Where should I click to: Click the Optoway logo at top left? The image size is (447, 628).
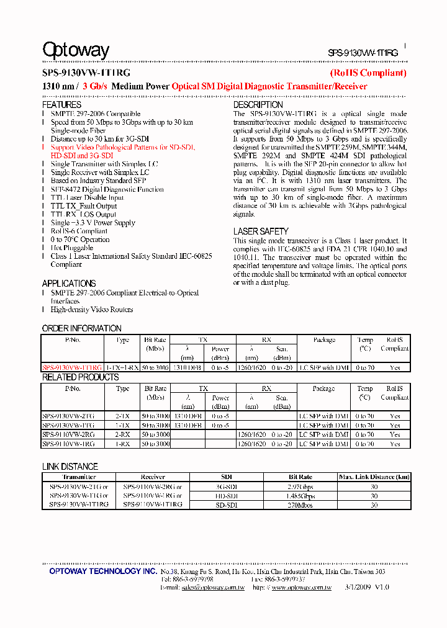point(75,50)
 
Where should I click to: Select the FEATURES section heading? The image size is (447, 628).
point(61,105)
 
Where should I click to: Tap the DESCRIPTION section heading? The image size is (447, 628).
point(258,105)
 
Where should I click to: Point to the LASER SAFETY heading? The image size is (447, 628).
point(261,231)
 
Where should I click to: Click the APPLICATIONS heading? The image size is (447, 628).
point(69,283)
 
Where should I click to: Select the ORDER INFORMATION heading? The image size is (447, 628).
point(81,328)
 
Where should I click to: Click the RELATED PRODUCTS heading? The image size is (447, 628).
point(80,377)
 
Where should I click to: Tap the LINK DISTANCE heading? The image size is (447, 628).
point(70,467)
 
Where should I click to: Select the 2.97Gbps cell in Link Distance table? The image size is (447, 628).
point(301,487)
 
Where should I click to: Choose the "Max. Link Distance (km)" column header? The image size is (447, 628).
point(374,477)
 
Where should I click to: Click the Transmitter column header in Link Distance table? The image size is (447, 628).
point(79,477)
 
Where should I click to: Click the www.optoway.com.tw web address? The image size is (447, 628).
point(301,587)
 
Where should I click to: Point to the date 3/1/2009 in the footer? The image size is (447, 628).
point(358,587)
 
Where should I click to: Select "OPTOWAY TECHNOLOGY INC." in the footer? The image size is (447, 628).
point(103,571)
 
